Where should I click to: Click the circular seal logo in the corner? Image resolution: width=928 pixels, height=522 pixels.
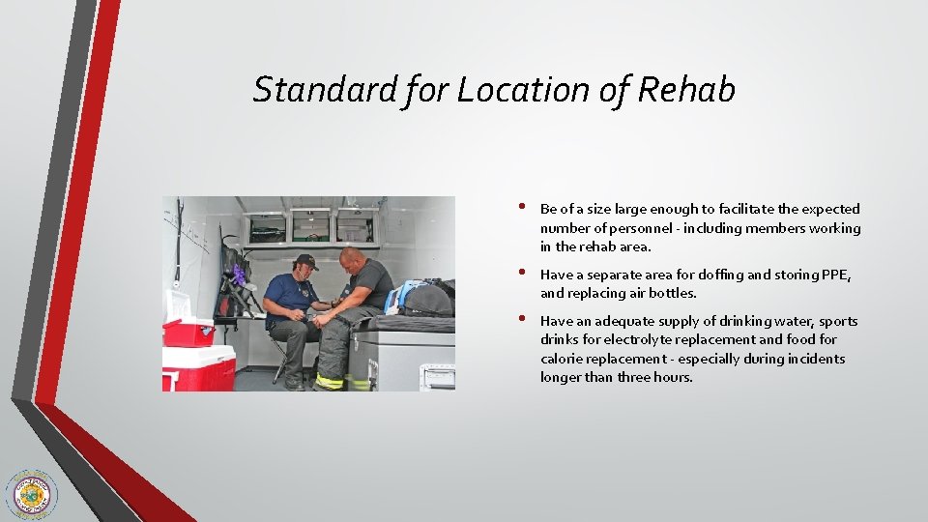30,495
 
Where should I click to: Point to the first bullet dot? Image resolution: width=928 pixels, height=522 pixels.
521,207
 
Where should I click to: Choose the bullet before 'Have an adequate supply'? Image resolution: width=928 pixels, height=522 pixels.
521,319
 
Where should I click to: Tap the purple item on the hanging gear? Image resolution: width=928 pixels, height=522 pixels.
238,276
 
